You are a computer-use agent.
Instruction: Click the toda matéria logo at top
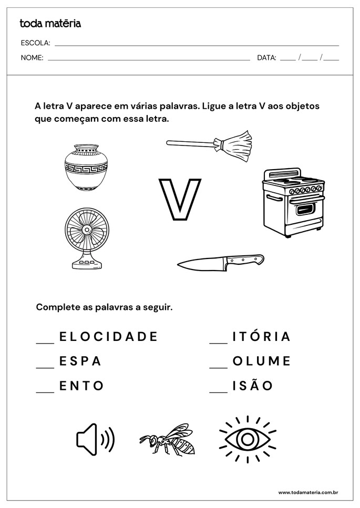pos(50,24)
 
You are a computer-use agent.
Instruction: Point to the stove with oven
pos(293,202)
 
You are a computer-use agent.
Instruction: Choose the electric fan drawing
pos(86,237)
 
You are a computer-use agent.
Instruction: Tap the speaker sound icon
pos(95,439)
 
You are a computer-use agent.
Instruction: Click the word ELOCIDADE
pos(108,336)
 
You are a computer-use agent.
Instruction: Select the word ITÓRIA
pos(261,336)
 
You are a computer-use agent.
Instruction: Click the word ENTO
pos(81,386)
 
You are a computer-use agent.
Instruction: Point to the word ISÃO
pos(253,386)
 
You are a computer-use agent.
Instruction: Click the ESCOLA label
pos(36,43)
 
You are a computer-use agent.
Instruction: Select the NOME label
pos(32,58)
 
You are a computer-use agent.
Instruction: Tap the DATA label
pos(266,58)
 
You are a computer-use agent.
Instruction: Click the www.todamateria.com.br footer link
pos(307,492)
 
